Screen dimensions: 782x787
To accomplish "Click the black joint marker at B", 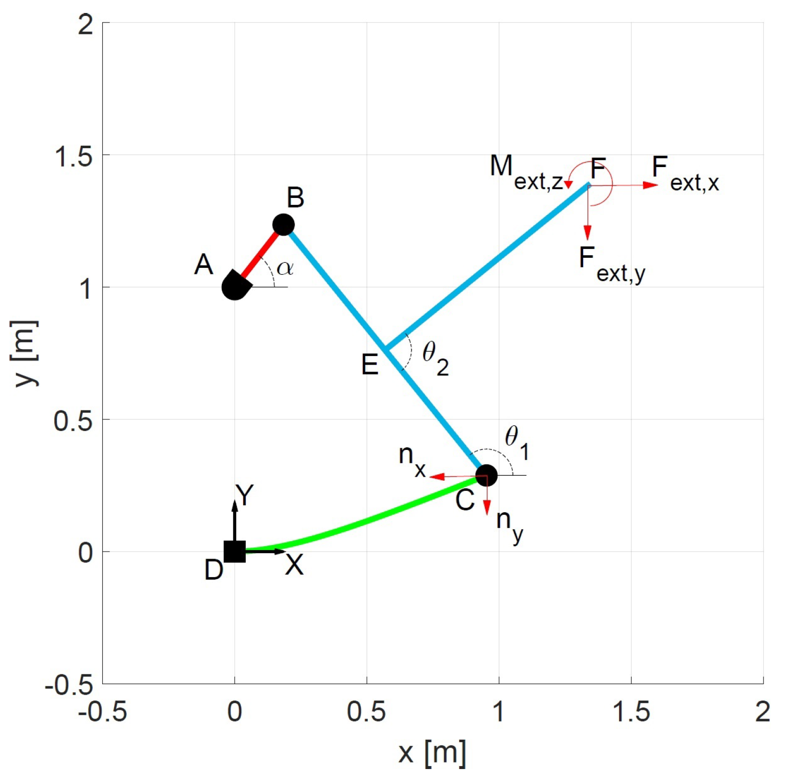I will [x=284, y=225].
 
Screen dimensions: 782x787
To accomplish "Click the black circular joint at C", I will [x=486, y=475].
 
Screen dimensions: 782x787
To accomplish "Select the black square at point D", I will [x=234, y=552].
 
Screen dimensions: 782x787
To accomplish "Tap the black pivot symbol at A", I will [x=234, y=287].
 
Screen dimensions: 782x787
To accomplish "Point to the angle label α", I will [x=285, y=268].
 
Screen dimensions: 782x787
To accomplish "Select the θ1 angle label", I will [x=516, y=441].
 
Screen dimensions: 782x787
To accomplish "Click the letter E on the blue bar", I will [x=370, y=365].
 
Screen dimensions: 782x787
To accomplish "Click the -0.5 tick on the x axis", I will [x=102, y=712].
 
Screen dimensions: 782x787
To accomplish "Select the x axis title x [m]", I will [x=432, y=752].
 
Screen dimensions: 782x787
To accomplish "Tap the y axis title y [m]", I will [x=25, y=353].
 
